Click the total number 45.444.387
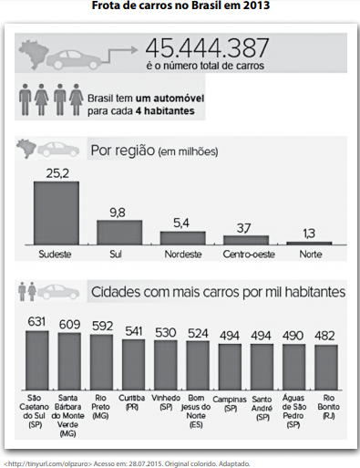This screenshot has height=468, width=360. pyautogui.click(x=207, y=48)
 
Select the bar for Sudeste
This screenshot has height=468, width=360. pyautogui.click(x=57, y=213)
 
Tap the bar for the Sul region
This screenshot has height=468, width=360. pyautogui.click(x=119, y=233)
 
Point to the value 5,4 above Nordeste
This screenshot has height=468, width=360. pyautogui.click(x=181, y=224)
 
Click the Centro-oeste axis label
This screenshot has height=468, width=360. pyautogui.click(x=249, y=255)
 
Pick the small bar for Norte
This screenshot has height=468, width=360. pyautogui.click(x=309, y=243)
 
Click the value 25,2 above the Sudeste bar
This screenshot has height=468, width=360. pyautogui.click(x=57, y=173)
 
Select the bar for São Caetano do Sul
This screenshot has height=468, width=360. pyautogui.click(x=37, y=360)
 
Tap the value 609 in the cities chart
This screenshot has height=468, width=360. pyautogui.click(x=69, y=325)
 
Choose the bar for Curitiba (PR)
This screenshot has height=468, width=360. pyautogui.click(x=134, y=365)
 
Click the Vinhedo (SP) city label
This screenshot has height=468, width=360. pyautogui.click(x=166, y=402)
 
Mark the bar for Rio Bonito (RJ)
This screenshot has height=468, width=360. pyautogui.click(x=326, y=368)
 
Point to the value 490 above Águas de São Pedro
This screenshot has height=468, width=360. pyautogui.click(x=293, y=336)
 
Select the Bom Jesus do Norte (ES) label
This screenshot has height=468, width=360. pyautogui.click(x=196, y=411)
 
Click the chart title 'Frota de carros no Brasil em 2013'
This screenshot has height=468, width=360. pyautogui.click(x=180, y=5)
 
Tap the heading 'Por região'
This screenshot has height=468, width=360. pyautogui.click(x=123, y=151)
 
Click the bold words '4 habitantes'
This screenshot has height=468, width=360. pyautogui.click(x=165, y=111)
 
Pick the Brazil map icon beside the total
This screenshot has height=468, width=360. pyautogui.click(x=32, y=54)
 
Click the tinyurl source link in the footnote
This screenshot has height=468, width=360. pyautogui.click(x=48, y=463)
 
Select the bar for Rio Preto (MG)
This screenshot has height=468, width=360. pyautogui.click(x=101, y=362)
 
